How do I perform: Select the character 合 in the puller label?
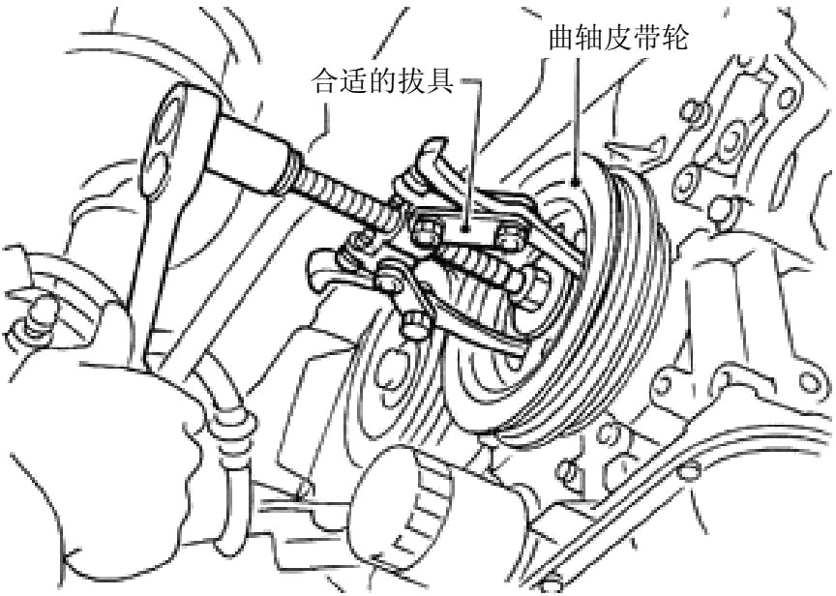pyautogui.click(x=324, y=81)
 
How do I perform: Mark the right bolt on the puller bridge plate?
pyautogui.click(x=505, y=236)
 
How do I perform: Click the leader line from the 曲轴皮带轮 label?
pyautogui.click(x=578, y=116)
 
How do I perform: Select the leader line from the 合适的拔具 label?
pyautogui.click(x=474, y=145)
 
